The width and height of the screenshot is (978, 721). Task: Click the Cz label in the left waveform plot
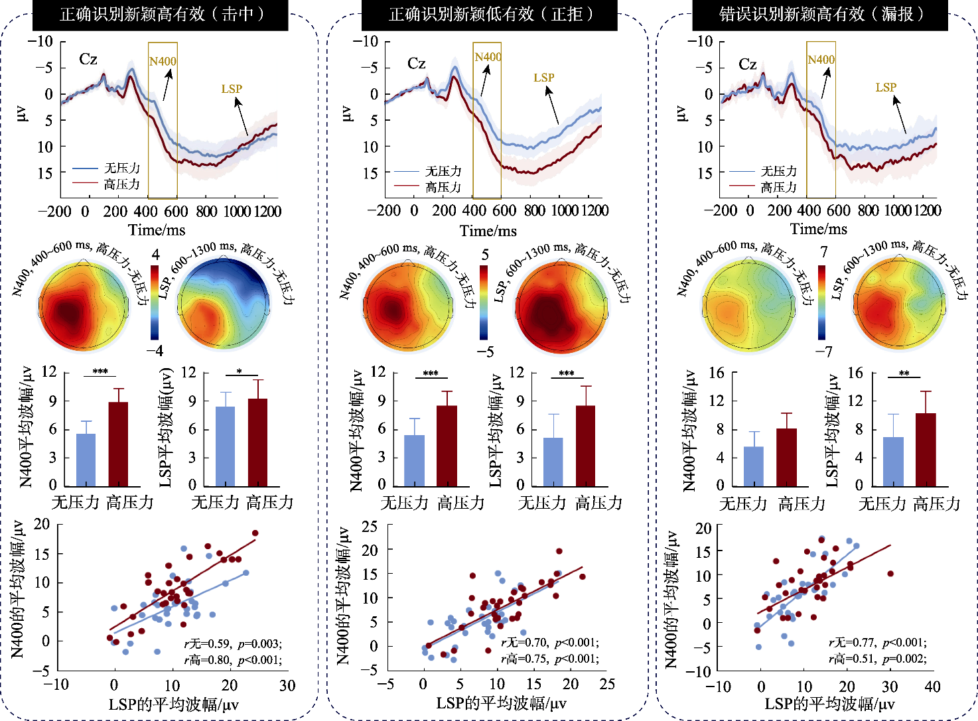pyautogui.click(x=88, y=59)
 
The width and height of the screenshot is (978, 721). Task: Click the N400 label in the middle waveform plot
pyautogui.click(x=488, y=57)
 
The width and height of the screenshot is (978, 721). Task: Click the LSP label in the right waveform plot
pyautogui.click(x=886, y=88)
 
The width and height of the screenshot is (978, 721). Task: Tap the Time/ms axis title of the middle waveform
pyautogui.click(x=488, y=231)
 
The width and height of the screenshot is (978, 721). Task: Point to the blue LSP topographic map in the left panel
pyautogui.click(x=224, y=303)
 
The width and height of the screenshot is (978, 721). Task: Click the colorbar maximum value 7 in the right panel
pyautogui.click(x=824, y=252)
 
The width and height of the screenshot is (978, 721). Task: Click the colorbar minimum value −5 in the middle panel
pyautogui.click(x=486, y=352)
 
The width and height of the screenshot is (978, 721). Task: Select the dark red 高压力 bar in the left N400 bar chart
pyautogui.click(x=118, y=444)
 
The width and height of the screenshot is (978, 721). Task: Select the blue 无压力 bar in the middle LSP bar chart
pyautogui.click(x=553, y=462)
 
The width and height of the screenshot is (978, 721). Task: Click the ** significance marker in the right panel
pyautogui.click(x=904, y=373)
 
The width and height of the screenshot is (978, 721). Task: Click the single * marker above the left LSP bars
pyautogui.click(x=240, y=371)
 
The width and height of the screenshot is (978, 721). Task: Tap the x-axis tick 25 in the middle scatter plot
pyautogui.click(x=607, y=684)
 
